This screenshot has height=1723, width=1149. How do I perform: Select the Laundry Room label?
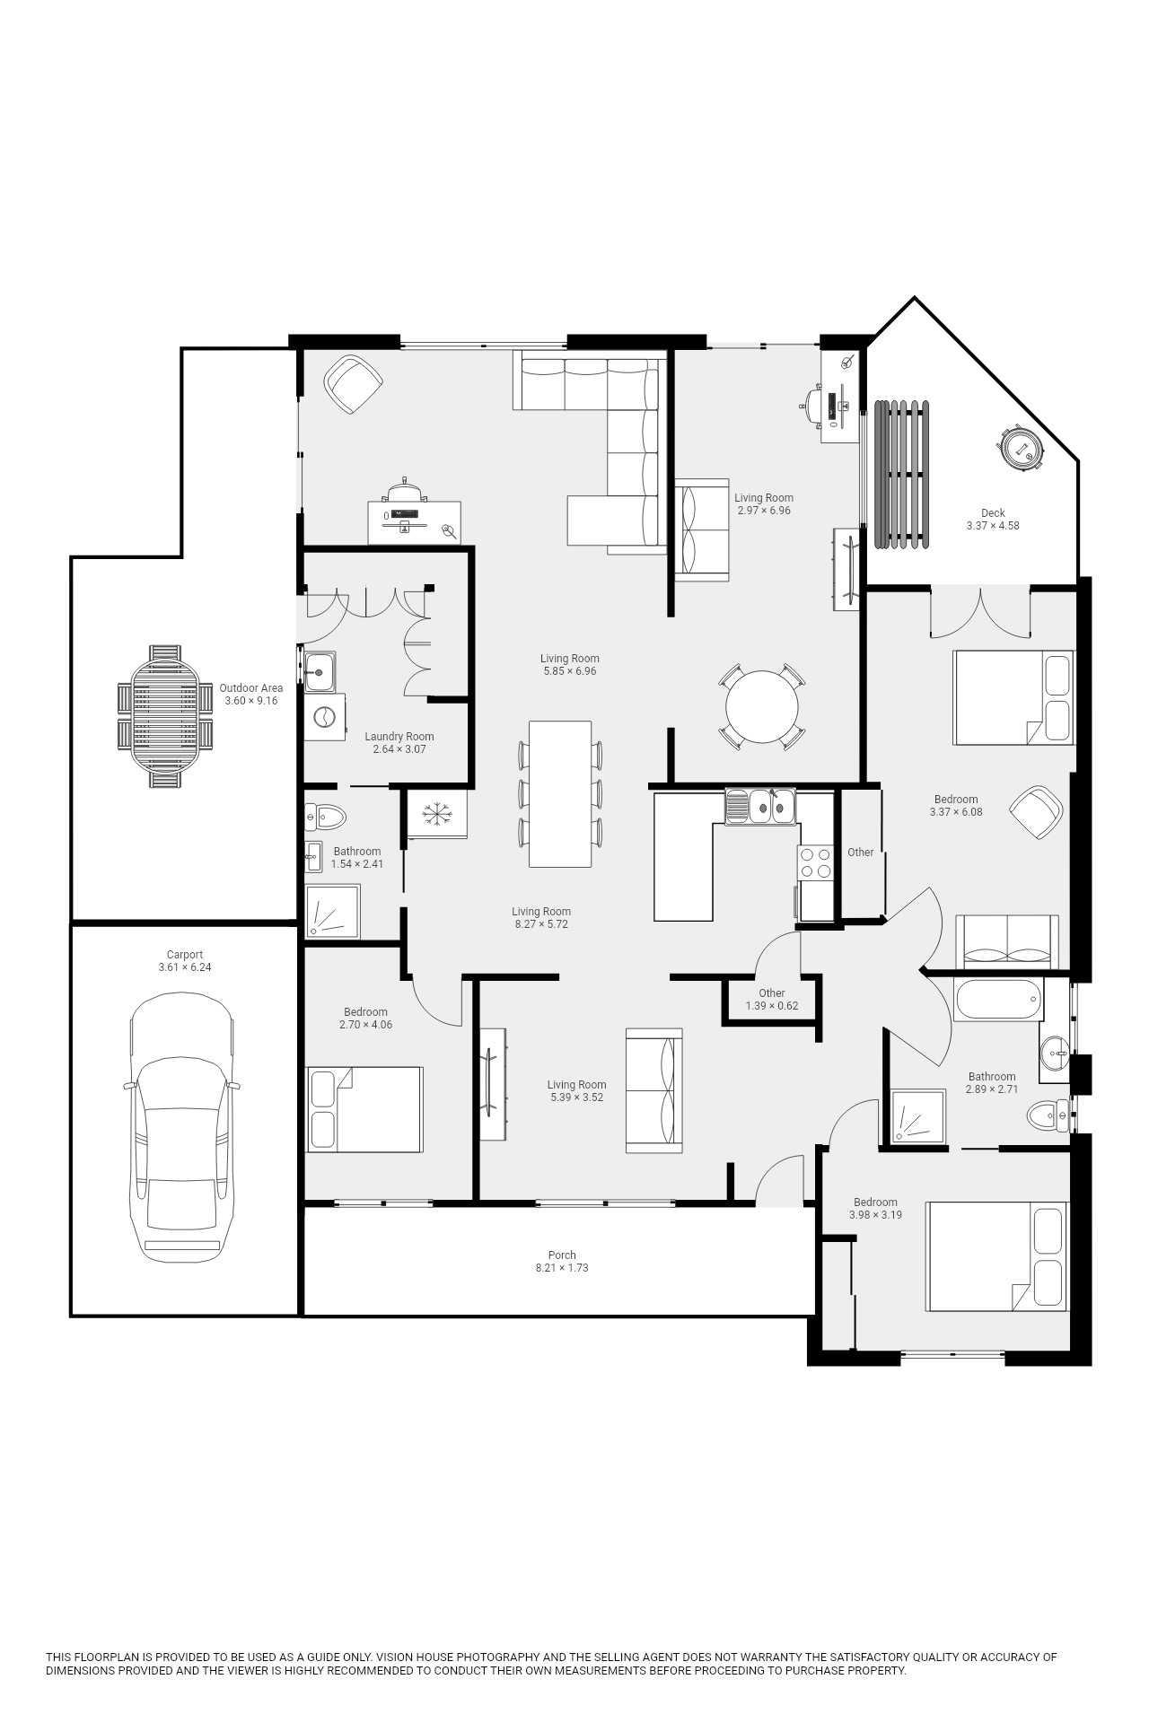tap(399, 737)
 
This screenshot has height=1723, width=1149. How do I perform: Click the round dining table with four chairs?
tap(761, 706)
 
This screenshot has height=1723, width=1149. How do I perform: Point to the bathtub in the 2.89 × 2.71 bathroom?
tap(999, 1000)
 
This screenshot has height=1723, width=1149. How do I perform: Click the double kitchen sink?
tap(760, 806)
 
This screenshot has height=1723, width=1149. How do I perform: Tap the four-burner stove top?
tap(815, 862)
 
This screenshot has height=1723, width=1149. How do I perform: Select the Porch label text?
tap(562, 1255)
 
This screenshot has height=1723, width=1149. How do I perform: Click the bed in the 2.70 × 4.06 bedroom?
tap(364, 1109)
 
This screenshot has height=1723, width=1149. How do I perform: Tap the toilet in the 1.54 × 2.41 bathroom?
tap(325, 817)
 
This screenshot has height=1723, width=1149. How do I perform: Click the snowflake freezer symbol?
tap(438, 814)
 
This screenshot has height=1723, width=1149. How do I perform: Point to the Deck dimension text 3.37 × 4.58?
tap(993, 526)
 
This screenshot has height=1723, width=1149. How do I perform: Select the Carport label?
tap(185, 955)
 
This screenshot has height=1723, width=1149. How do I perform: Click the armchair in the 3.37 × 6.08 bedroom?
tap(1037, 812)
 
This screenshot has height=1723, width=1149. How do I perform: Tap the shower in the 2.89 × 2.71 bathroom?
tap(918, 1116)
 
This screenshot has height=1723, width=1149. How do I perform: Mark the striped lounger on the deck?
tap(901, 474)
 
